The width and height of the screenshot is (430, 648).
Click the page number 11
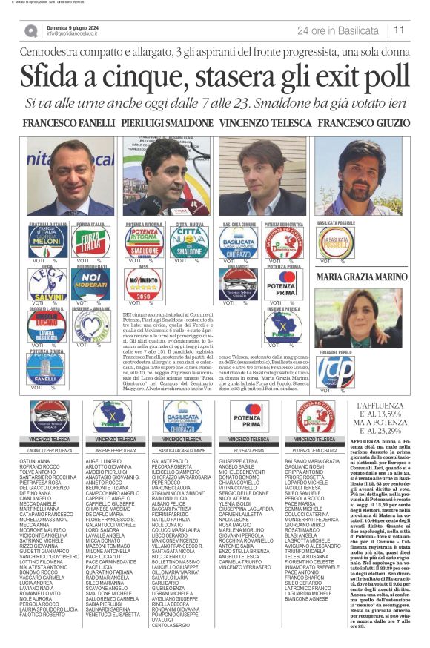coord(399,30)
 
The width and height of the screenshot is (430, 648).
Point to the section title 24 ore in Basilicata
coord(337,30)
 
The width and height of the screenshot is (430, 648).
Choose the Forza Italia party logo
coord(90,242)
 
